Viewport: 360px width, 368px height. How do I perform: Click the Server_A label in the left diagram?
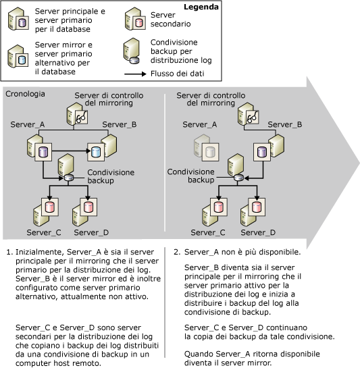tap(27, 125)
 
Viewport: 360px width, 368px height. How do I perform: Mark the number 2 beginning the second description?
tap(177, 253)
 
